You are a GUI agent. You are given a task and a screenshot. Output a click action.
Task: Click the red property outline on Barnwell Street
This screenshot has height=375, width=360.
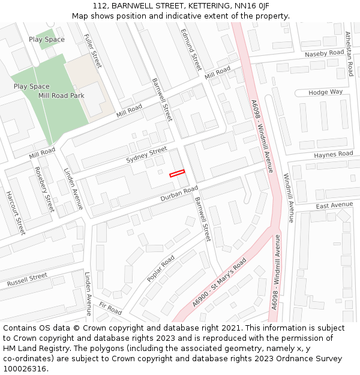[177, 173]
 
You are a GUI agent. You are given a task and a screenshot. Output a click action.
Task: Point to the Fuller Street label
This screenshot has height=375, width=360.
[94, 52]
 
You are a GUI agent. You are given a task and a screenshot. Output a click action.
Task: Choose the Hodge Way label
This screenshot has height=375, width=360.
[326, 92]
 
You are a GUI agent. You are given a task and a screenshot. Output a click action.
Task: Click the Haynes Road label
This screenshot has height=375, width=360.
[334, 155]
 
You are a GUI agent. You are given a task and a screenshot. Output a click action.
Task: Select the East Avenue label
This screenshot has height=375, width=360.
[334, 205]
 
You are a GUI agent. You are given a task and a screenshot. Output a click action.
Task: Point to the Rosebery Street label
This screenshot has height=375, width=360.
[44, 189]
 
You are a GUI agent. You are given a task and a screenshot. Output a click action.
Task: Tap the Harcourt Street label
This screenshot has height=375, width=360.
[16, 212]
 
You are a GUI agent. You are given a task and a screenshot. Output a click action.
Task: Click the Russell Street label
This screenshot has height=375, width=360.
[27, 280]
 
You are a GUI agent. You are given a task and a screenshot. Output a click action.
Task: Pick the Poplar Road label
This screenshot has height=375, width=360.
[160, 269]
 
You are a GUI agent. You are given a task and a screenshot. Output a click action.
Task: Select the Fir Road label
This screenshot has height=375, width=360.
[110, 308]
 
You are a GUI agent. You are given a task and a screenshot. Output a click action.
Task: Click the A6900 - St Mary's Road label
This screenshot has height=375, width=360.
[220, 284]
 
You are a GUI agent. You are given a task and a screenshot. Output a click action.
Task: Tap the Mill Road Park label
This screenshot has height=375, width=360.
[61, 95]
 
